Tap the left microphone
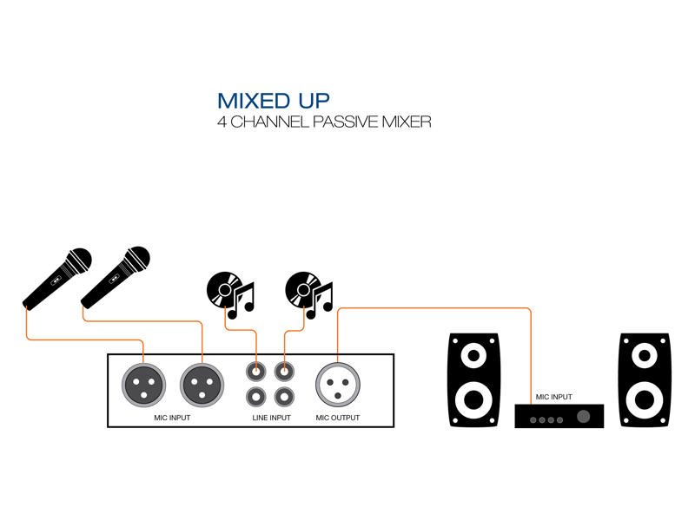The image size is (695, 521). pyautogui.click(x=57, y=279)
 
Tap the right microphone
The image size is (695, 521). pyautogui.click(x=116, y=277)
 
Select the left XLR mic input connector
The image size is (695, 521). pyautogui.click(x=142, y=383)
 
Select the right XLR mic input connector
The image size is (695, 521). pyautogui.click(x=201, y=383)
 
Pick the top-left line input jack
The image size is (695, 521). pyautogui.click(x=255, y=372)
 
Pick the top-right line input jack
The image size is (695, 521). pyautogui.click(x=283, y=372)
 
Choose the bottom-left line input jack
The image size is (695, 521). pyautogui.click(x=255, y=398)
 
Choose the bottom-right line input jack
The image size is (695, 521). pyautogui.click(x=283, y=398)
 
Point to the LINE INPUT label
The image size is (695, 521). pyautogui.click(x=271, y=419)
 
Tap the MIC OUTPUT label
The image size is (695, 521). pyautogui.click(x=338, y=419)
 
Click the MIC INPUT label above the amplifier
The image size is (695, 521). pyautogui.click(x=554, y=397)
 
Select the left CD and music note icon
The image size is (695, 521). pyautogui.click(x=230, y=291)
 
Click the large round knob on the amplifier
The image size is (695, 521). pyautogui.click(x=584, y=418)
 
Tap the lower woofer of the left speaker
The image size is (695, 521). pyautogui.click(x=473, y=400)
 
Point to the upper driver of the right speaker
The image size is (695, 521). pyautogui.click(x=645, y=354)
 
